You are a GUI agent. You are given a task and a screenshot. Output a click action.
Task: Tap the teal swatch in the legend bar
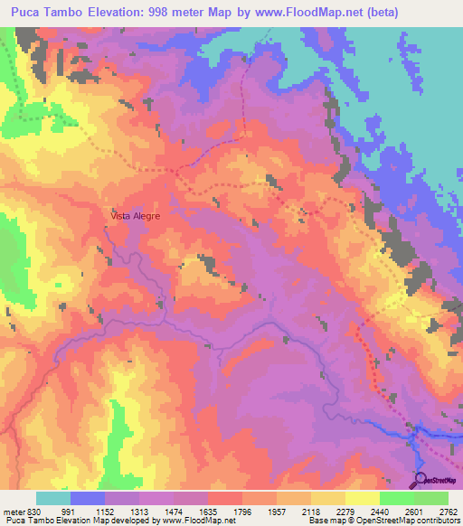[x=53, y=499]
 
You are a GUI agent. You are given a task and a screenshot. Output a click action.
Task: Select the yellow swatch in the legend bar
[x=362, y=499]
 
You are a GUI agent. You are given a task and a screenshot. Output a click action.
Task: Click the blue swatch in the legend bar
[x=88, y=499]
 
